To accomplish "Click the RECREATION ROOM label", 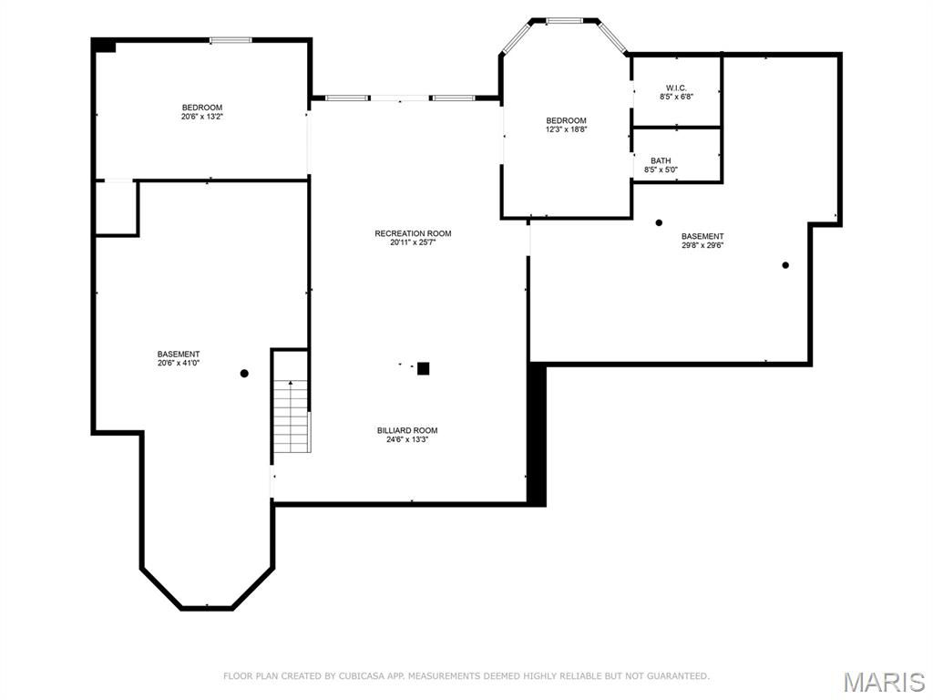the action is tap(413, 233).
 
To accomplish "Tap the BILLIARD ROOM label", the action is tap(407, 430).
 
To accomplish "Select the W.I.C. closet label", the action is tap(676, 88).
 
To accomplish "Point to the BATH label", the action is tap(661, 160).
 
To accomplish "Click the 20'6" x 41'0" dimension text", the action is tap(179, 363).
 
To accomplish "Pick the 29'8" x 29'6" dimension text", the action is tap(702, 244).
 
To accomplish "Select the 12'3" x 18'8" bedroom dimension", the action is tap(567, 129).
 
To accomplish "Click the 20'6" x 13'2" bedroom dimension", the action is tap(202, 117).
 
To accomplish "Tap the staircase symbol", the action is tap(292, 416).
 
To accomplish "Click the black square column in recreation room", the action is tap(423, 368).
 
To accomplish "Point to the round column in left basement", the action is tap(244, 373).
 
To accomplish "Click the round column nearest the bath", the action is tap(659, 222).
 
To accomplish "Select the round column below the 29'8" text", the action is tap(785, 265).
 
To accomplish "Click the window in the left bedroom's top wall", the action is tap(231, 40).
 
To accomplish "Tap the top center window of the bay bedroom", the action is tap(564, 21).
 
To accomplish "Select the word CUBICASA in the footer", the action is tap(359, 676).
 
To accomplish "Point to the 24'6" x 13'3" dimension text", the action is tap(407, 440).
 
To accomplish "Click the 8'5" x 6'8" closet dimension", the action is tap(677, 97).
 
